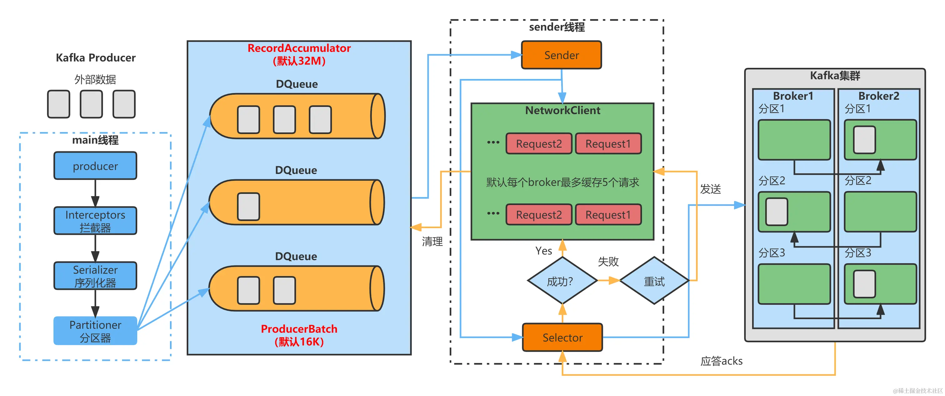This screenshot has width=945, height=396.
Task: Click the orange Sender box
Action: pos(561,55)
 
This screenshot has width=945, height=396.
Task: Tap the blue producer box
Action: pos(95,166)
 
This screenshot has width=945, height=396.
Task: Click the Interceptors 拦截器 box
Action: pos(95,221)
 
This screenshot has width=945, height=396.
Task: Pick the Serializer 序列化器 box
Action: pos(95,276)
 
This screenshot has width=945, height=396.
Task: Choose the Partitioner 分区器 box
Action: pos(95,331)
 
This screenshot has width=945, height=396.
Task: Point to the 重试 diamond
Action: pos(654,281)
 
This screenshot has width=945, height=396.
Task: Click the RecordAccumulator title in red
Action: pos(299,48)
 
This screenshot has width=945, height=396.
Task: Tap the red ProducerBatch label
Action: pos(299,329)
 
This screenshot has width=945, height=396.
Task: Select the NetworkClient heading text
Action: pos(562,110)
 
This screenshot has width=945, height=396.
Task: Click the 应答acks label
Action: pos(721,361)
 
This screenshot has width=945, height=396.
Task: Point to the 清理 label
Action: pos(432,242)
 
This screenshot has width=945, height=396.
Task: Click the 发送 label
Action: pos(710,189)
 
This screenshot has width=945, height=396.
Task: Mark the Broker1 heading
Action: pos(793,96)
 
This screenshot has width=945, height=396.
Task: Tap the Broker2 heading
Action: pos(879,96)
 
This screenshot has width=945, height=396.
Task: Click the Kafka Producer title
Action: pos(95,58)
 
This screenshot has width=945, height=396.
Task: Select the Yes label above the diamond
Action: pos(543,251)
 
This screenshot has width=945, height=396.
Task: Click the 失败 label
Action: pos(608,261)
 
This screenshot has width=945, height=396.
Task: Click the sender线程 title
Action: pos(557,27)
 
